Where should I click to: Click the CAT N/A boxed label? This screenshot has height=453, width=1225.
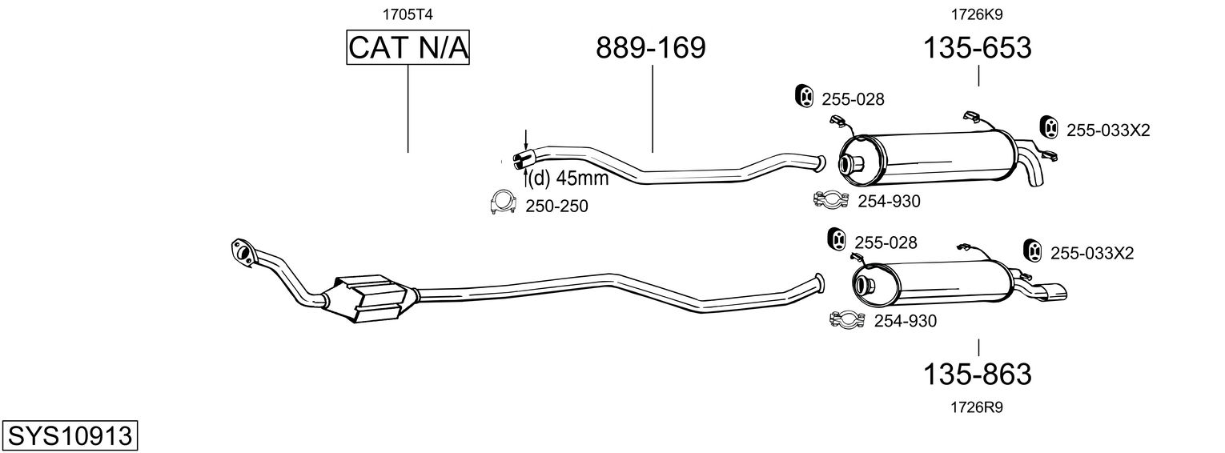click(408, 48)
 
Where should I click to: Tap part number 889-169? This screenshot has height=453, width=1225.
click(651, 48)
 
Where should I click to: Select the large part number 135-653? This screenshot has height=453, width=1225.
click(978, 48)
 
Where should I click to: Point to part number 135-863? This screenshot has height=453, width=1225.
click(978, 374)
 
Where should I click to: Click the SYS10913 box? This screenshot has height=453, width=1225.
click(69, 436)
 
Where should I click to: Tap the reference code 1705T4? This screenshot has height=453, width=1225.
click(408, 14)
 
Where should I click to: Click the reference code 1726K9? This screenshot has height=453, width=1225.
click(977, 14)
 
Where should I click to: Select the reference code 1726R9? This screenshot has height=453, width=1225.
click(977, 407)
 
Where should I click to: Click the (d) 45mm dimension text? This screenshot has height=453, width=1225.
click(568, 178)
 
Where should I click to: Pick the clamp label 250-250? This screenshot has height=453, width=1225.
click(556, 206)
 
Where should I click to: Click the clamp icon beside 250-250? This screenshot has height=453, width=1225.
click(502, 205)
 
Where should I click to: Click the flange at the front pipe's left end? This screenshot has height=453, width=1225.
click(240, 250)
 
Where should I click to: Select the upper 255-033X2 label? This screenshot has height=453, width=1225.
click(1108, 130)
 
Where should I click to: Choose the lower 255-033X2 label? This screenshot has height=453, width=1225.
click(1092, 253)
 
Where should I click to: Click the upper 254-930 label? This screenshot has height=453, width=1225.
click(889, 202)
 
